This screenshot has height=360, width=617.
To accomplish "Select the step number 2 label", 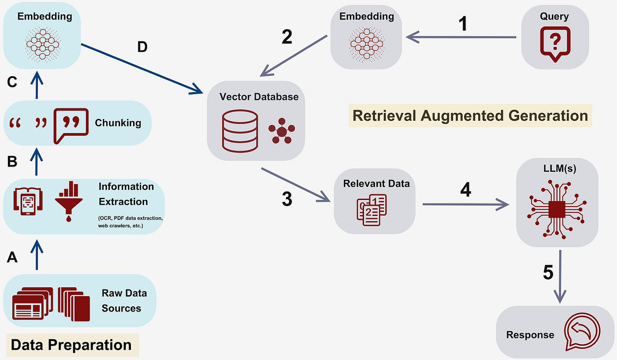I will click(x=287, y=37).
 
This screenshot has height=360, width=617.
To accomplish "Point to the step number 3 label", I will click(x=287, y=199).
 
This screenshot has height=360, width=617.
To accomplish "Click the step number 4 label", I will click(x=465, y=189).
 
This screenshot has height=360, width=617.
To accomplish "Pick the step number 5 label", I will click(x=548, y=273).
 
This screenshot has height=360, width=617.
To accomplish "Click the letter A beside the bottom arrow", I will click(x=12, y=257).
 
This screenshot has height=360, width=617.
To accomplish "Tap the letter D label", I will click(x=142, y=47).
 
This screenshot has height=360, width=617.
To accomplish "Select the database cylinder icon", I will click(x=240, y=131).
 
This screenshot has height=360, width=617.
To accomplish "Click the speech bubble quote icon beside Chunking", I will click(x=71, y=126).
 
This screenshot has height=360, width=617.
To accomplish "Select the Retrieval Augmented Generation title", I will click(x=470, y=115).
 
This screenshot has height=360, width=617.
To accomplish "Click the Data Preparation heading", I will click(x=71, y=345).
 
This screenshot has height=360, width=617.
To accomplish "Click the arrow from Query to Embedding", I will click(x=461, y=37).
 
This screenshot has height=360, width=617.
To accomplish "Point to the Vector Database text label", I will click(x=259, y=96).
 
